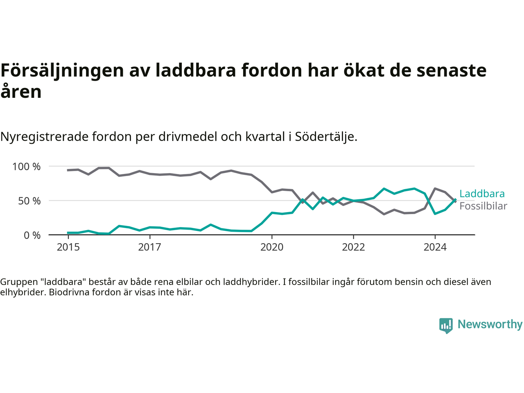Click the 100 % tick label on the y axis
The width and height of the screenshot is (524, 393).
[x=27, y=167]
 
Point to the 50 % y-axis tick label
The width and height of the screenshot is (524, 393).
[x=29, y=201]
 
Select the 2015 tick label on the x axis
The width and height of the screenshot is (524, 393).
[x=68, y=247]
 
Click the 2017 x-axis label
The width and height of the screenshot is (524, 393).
[x=149, y=247]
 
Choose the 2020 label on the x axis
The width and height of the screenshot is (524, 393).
[x=272, y=247]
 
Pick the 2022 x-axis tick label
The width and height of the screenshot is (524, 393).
[x=353, y=247]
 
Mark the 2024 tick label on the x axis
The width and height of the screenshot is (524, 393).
[x=435, y=247]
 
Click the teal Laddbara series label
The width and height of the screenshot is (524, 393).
[x=482, y=194]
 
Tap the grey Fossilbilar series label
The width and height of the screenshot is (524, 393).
[x=483, y=206]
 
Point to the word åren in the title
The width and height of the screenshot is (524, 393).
[x=21, y=92]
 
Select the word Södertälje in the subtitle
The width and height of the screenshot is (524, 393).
[x=326, y=137]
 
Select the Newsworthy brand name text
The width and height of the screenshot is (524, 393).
[x=490, y=324]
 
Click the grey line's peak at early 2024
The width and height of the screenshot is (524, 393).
[x=435, y=188]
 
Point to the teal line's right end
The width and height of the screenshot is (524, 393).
[x=456, y=200]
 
